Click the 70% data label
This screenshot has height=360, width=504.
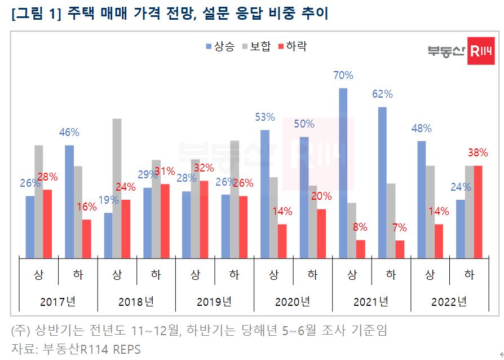(343, 76)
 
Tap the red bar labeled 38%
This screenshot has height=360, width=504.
(478, 212)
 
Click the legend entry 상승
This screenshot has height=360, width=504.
(220, 46)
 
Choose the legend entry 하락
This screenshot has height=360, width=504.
(293, 46)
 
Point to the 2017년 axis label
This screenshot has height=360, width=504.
(58, 301)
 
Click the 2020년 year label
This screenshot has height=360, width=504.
(293, 301)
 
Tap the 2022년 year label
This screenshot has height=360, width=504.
(449, 301)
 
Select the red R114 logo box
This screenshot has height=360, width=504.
(481, 51)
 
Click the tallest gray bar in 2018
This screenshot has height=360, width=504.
(117, 188)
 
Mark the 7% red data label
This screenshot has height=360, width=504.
(400, 229)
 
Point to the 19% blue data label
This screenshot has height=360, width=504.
(108, 200)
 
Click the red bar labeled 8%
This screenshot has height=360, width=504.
(361, 249)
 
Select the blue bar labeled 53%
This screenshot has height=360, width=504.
(265, 194)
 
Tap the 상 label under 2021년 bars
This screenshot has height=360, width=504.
(352, 275)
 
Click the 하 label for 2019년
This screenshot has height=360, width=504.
(235, 275)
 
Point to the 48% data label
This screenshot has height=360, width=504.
(421, 129)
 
